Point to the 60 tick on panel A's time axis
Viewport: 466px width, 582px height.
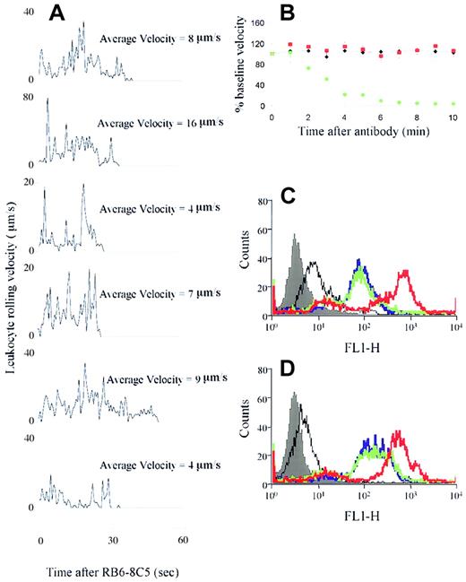pyautogui.click(x=182, y=542)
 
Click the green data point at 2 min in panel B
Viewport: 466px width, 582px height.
pyautogui.click(x=308, y=68)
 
